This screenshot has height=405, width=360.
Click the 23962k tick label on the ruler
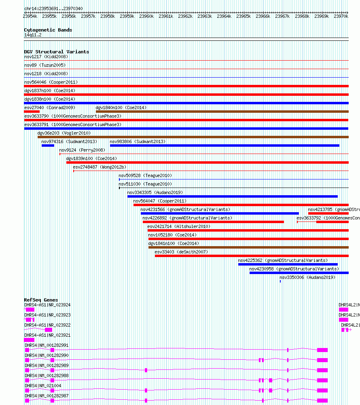tap(185, 17)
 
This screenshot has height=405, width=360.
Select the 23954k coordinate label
tap(30, 17)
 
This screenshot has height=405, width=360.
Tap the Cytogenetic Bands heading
tap(48, 30)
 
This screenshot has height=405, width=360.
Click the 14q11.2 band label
tap(33, 35)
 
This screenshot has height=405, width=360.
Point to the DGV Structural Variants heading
tap(57, 52)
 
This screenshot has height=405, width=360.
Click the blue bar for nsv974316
tap(48, 146)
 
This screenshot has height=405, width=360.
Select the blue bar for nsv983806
tap(224, 146)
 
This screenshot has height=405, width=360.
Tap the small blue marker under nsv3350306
tap(280, 281)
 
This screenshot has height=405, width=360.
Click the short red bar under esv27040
tap(32, 112)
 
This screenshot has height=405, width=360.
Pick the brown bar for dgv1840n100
tap(222, 112)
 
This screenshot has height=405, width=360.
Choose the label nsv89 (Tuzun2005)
tap(44, 65)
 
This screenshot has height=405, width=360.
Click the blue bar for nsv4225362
tap(288, 264)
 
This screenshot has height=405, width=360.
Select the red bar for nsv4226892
tap(213, 222)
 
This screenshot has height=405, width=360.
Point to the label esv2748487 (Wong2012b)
tap(100, 167)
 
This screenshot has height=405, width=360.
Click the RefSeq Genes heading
tap(41, 300)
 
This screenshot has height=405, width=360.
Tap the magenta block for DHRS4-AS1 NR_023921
tap(29, 340)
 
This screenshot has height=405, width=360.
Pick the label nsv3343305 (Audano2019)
tap(155, 192)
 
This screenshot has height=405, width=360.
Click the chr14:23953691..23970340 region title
tap(53, 8)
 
